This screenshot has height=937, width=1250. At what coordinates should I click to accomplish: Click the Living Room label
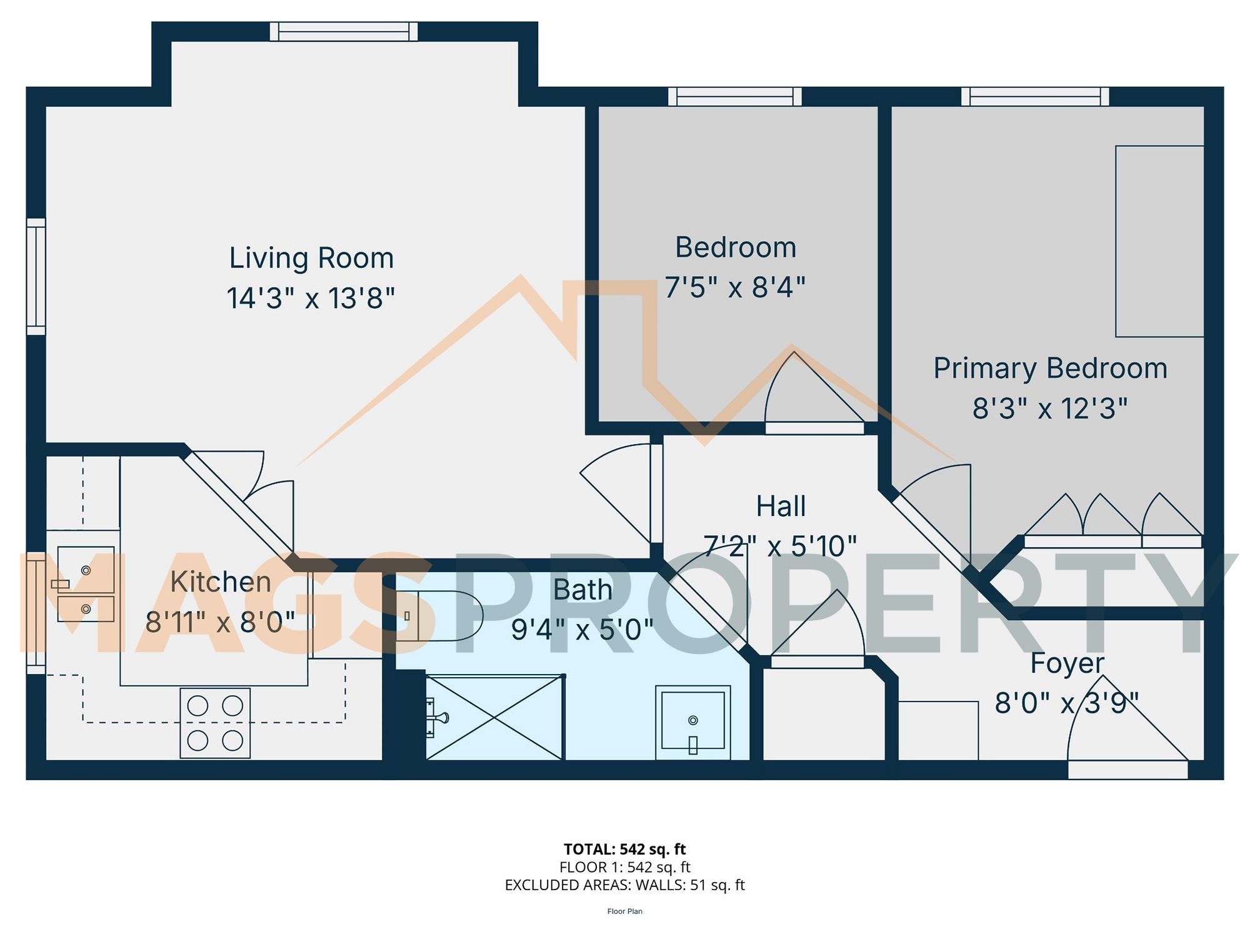311,258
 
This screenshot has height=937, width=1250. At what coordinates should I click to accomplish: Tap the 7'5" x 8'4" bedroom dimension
735,287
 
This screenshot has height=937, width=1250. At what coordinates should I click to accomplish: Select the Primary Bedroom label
1050,368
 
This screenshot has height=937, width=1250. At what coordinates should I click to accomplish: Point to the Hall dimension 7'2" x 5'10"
780,547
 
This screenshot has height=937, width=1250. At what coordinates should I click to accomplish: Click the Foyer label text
1067,663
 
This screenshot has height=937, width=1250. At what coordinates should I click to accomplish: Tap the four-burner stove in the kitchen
215,723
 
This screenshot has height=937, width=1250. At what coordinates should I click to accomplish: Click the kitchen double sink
86,585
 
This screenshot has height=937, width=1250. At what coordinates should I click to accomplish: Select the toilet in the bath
441,616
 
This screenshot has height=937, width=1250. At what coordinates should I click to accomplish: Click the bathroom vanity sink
692,722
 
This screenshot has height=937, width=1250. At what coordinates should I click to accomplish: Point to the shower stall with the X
494,718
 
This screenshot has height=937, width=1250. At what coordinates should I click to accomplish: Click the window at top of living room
343,31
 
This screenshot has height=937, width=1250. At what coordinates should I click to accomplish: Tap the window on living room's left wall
36,276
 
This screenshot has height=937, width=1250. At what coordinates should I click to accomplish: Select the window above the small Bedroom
735,96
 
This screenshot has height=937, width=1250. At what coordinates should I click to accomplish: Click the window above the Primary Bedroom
1035,96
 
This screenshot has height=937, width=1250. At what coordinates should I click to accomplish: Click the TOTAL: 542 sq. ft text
624,850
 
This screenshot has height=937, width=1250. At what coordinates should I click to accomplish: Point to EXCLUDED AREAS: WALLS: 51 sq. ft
624,885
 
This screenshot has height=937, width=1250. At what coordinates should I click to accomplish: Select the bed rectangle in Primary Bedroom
1159,241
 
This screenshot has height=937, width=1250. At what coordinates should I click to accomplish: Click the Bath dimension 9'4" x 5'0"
582,630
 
